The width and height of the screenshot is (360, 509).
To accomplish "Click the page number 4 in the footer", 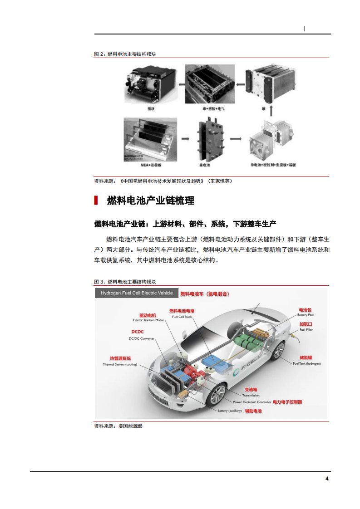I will [x=326, y=479].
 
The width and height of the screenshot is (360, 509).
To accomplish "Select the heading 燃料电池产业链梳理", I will [x=150, y=201].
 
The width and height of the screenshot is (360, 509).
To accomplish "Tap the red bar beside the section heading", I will [x=96, y=201].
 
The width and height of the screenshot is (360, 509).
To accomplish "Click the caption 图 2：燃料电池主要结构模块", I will [x=125, y=54].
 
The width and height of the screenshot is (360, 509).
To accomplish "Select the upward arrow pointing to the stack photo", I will [x=271, y=110].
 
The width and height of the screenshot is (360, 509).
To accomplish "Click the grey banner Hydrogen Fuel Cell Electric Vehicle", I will [x=137, y=293].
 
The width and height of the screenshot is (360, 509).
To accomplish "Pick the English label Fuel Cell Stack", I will [x=182, y=317].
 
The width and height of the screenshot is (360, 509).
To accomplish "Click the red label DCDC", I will [x=138, y=332].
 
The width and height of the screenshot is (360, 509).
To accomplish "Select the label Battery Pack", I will [x=306, y=315].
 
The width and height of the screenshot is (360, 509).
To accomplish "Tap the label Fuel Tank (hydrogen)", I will [x=306, y=364].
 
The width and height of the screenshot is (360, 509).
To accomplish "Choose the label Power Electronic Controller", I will [x=252, y=402].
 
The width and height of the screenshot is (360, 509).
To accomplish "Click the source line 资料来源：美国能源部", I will [x=118, y=426].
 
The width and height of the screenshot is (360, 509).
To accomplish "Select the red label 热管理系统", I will [x=117, y=358].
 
